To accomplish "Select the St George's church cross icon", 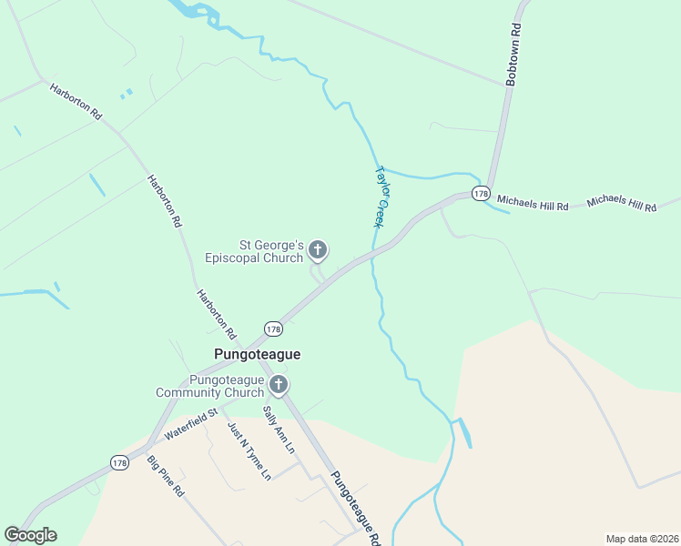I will click(x=318, y=249).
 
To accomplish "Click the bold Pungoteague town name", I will click(x=257, y=354).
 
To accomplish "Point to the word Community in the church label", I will click(x=191, y=392).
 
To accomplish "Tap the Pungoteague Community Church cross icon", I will click(x=279, y=385).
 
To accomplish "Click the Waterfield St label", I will click(x=191, y=426).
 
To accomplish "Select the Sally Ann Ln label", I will click(x=280, y=430).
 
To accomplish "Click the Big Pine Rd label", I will click(x=166, y=476).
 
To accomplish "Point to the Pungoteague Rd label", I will click(x=355, y=506).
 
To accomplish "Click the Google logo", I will click(x=30, y=535).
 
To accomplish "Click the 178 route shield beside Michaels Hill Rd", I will click(x=481, y=194).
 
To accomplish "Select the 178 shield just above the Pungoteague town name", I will click(x=273, y=328).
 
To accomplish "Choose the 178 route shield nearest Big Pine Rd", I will click(x=119, y=463).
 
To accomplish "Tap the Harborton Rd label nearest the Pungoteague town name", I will click(x=217, y=315).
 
